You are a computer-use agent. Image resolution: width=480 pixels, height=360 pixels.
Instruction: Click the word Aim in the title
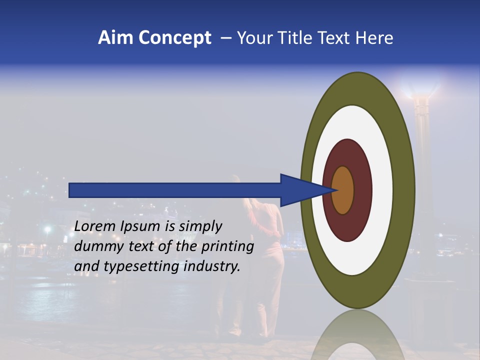coord(115,38)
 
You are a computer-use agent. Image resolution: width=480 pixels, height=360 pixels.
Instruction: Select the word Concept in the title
coord(174,38)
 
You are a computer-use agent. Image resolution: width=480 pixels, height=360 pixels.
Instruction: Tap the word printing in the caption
coord(228,247)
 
